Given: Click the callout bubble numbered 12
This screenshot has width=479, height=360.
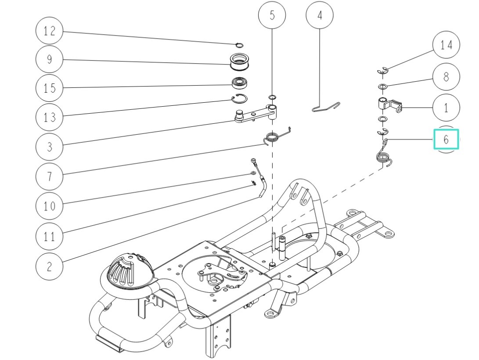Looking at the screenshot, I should (x=49, y=31).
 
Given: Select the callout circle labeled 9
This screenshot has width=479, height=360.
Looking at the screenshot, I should (x=49, y=59).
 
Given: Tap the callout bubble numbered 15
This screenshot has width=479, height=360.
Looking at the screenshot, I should (x=49, y=88).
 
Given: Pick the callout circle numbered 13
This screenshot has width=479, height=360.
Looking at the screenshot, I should (x=49, y=117).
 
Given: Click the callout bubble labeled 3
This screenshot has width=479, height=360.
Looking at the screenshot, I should (x=49, y=146).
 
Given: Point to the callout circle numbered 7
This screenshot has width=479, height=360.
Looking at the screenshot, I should (x=49, y=176).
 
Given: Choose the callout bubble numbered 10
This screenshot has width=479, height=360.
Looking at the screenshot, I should (x=49, y=205).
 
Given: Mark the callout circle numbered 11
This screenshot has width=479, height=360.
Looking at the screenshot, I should (x=49, y=236).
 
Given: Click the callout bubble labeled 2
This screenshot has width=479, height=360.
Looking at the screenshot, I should (x=49, y=266).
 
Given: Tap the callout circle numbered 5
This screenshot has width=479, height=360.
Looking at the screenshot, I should (x=272, y=15).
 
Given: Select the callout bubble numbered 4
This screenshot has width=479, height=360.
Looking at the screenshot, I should (x=319, y=15).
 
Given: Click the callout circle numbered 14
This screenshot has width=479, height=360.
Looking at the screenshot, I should (x=446, y=45).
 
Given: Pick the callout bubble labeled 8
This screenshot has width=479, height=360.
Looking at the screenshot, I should (x=446, y=76).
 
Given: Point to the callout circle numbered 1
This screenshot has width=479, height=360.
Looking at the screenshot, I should (x=446, y=108).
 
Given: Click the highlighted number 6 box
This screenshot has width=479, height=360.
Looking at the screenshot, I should (x=446, y=140).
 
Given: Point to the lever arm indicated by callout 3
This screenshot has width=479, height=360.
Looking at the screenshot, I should (x=257, y=115).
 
